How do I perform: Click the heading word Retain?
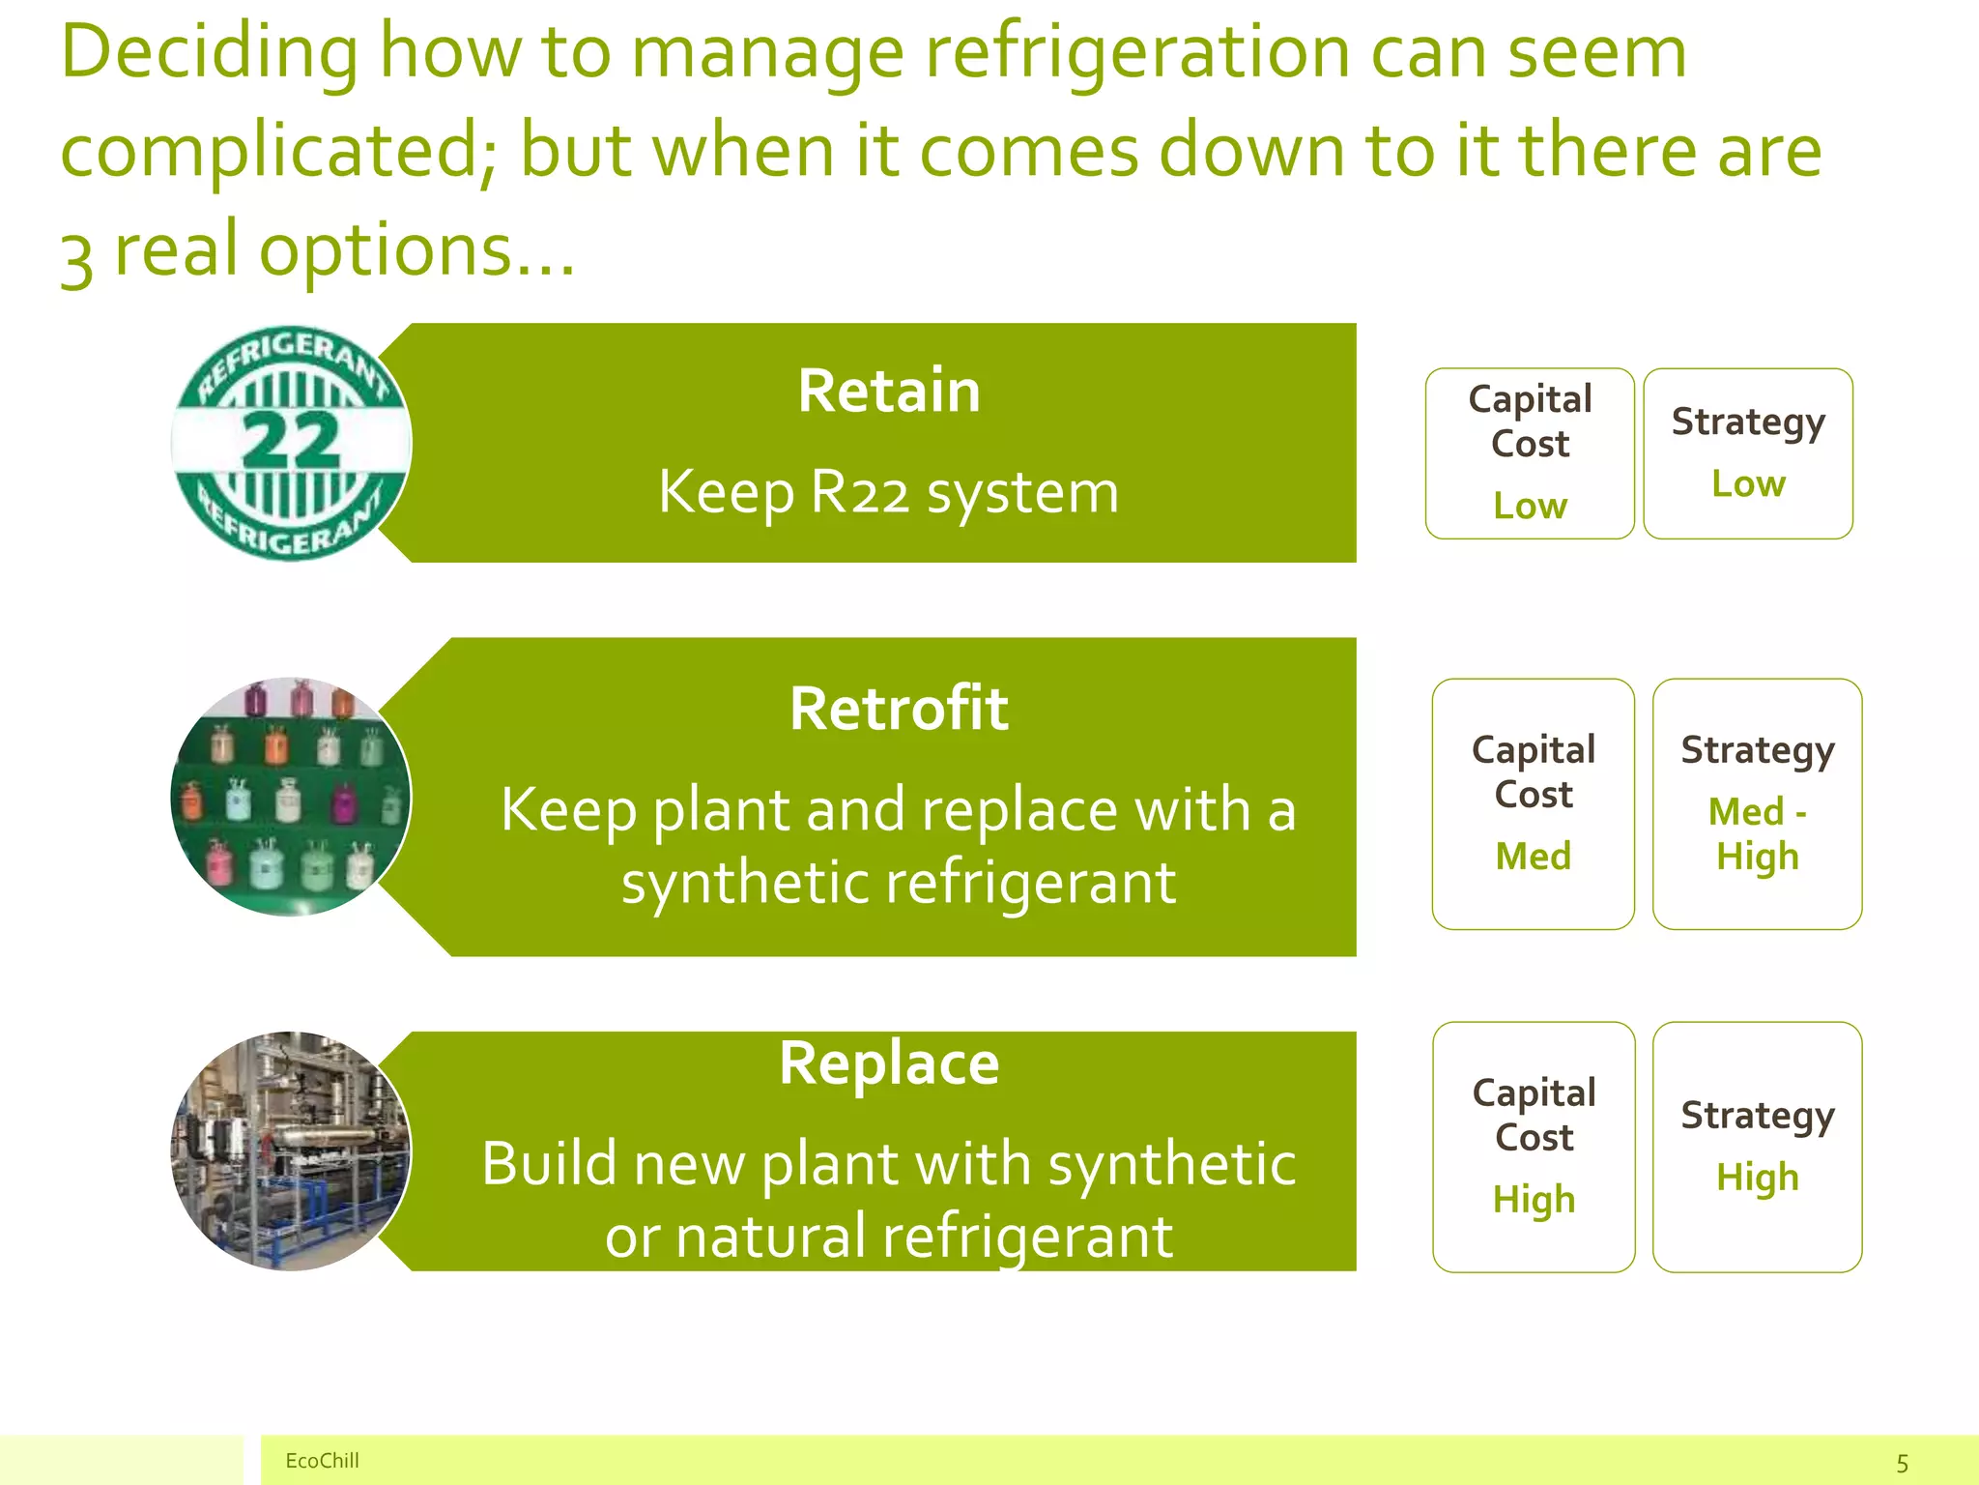tap(888, 392)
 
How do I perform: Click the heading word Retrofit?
tap(899, 709)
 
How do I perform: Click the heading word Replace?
tap(888, 1063)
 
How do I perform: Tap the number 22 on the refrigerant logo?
tap(290, 441)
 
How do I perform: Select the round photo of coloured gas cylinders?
tap(290, 796)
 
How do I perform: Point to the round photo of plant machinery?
tap(290, 1150)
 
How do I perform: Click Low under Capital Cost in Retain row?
tap(1530, 506)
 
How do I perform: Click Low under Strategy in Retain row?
tap(1748, 483)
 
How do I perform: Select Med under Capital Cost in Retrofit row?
tap(1533, 857)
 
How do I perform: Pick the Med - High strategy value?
tap(1757, 833)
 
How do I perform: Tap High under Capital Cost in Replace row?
tap(1534, 1200)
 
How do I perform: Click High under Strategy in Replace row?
tap(1757, 1178)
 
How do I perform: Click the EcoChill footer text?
tap(322, 1461)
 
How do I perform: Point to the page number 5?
tap(1902, 1464)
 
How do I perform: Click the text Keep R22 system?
tap(888, 493)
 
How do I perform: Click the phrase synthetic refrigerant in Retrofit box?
tap(899, 883)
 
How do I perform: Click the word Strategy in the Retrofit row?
tap(1757, 751)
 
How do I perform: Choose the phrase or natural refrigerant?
tap(888, 1237)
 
